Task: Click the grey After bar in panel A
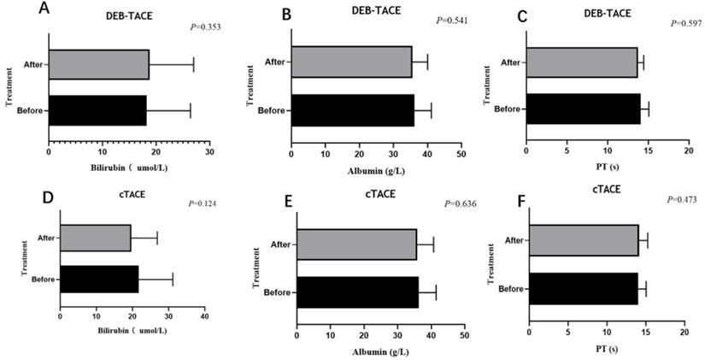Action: click(98, 64)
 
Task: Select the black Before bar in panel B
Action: click(352, 110)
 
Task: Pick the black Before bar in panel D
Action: click(99, 279)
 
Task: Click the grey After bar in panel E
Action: click(355, 244)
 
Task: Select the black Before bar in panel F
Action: click(583, 289)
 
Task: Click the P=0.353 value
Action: click(207, 27)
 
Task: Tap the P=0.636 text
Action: click(460, 204)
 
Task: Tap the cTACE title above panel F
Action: click(597, 189)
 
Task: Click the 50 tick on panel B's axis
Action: click(460, 154)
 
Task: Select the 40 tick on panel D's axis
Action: click(203, 317)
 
